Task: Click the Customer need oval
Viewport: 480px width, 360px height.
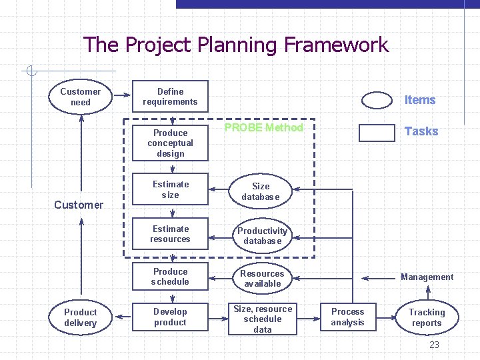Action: (81, 97)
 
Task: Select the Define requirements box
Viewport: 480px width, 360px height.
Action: (170, 97)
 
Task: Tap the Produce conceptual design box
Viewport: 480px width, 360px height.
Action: (170, 143)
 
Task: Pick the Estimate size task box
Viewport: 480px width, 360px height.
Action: (170, 189)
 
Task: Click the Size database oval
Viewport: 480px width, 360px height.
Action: (261, 191)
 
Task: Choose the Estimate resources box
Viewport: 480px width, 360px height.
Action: (170, 234)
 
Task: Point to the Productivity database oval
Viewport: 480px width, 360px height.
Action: (263, 236)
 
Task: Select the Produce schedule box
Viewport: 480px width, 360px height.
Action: (170, 277)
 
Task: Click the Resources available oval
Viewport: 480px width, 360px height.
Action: (262, 279)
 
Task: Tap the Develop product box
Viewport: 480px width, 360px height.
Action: (170, 317)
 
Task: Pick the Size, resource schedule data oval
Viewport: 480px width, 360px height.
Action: (263, 319)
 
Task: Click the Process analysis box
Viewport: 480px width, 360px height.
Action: (348, 317)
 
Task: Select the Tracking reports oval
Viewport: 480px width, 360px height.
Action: (427, 317)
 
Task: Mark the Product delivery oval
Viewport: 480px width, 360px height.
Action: (81, 317)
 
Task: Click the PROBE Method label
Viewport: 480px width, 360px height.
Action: (264, 127)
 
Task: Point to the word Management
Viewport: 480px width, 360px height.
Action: (427, 277)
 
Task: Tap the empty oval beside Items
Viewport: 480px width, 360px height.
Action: (377, 100)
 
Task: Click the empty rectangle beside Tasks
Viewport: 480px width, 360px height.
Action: (377, 132)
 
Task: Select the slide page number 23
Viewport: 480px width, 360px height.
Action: (434, 345)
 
